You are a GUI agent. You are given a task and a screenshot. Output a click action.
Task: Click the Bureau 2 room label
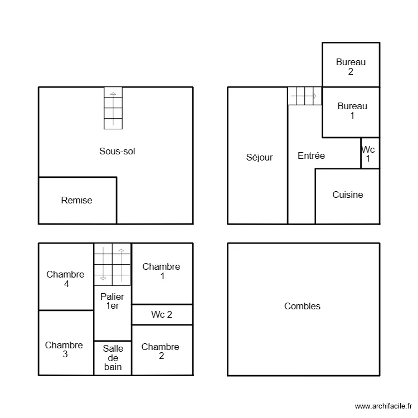pyautogui.click(x=351, y=67)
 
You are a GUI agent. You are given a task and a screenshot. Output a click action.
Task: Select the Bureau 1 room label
pyautogui.click(x=352, y=111)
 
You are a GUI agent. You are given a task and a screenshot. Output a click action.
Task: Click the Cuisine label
pyautogui.click(x=348, y=195)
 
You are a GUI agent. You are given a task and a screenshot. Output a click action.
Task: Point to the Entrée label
pyautogui.click(x=311, y=156)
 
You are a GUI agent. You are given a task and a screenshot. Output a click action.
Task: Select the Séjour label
pyautogui.click(x=260, y=157)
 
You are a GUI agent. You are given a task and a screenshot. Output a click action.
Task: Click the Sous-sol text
pyautogui.click(x=117, y=150)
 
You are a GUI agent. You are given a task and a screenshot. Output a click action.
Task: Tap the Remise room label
pyautogui.click(x=77, y=200)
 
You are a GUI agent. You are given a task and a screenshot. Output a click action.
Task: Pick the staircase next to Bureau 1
pyautogui.click(x=304, y=96)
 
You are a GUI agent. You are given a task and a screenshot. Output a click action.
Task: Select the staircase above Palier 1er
pyautogui.click(x=112, y=263)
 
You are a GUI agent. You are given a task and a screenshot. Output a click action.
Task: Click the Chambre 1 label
pyautogui.click(x=162, y=271)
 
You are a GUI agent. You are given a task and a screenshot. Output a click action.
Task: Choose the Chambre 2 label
pyautogui.click(x=161, y=351)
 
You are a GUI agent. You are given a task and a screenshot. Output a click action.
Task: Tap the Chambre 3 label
pyautogui.click(x=64, y=349)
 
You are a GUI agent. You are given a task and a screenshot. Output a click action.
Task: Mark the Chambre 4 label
pyautogui.click(x=65, y=279)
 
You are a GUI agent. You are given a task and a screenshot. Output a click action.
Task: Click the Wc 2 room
pyautogui.click(x=162, y=314)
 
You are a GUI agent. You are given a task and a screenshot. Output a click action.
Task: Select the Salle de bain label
pyautogui.click(x=113, y=358)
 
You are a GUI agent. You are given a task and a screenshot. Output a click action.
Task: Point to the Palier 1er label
pyautogui.click(x=112, y=301)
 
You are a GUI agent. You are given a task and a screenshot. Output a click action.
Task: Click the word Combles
pyautogui.click(x=302, y=306)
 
